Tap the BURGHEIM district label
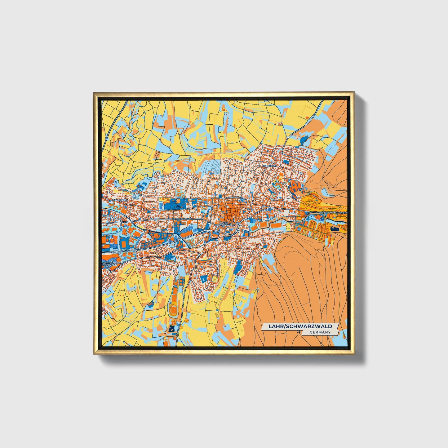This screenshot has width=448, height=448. click(269, 166)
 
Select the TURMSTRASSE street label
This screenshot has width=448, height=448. click(234, 197)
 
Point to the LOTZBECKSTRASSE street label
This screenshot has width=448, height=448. click(183, 219)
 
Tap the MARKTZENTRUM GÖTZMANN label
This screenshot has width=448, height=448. click(112, 264)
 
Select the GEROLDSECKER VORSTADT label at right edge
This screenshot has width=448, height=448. click(334, 213)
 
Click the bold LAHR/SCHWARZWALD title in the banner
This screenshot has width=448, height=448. click(300, 326)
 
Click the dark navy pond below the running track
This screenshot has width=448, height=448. click(172, 328)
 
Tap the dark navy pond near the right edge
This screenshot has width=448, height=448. click(335, 229)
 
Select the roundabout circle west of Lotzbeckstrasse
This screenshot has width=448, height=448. click(121, 222)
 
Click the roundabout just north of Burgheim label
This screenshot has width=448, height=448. click(268, 162)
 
